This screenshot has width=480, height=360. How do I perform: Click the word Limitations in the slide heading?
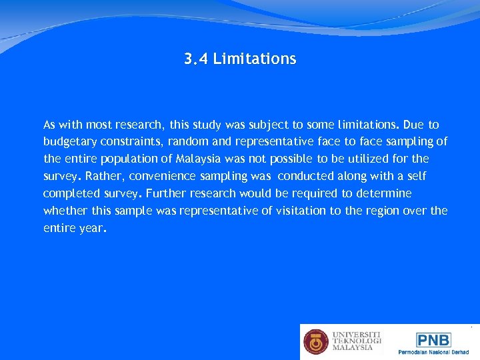point(254,59)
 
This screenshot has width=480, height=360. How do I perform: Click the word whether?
point(65,211)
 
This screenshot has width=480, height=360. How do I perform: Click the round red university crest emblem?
point(316,341)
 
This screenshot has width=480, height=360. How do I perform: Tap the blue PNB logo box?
point(433,339)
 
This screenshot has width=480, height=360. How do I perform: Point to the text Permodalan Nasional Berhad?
point(433,352)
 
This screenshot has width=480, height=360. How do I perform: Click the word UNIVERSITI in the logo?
point(357,334)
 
